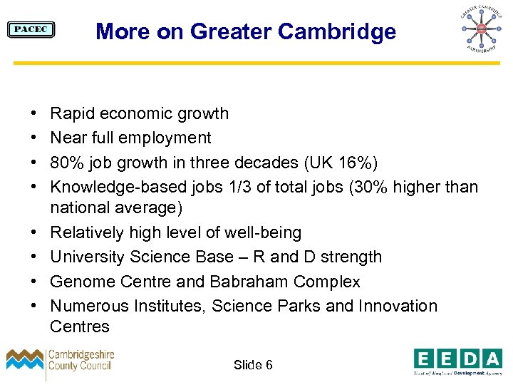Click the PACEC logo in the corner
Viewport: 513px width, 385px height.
point(31,29)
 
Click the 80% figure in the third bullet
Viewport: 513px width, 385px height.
point(66,163)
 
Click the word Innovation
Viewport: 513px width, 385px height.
point(398,306)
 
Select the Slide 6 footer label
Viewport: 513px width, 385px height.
point(253,365)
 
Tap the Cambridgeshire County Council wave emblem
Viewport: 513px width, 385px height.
point(25,361)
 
